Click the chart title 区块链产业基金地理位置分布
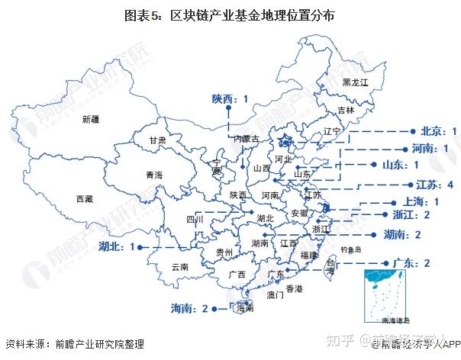coord(230,15)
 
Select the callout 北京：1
coord(433,132)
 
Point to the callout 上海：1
coord(420,201)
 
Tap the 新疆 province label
coord(91,119)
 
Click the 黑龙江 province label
coord(355,82)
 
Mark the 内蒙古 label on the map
coord(246,139)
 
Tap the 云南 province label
coord(179,267)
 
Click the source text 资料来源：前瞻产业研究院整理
coord(74,345)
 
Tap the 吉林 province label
coord(346,110)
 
